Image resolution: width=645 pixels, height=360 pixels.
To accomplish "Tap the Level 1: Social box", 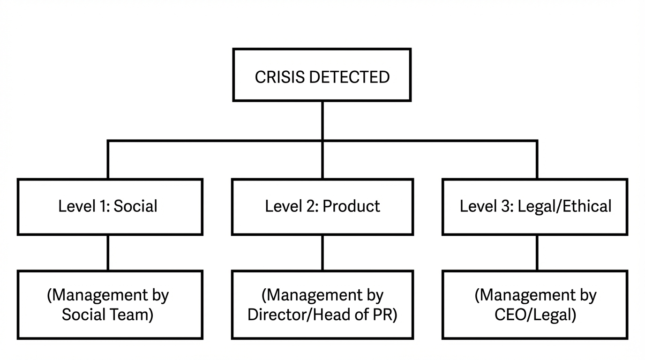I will (x=110, y=207).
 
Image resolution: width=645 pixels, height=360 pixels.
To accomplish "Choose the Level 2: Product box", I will (x=322, y=207).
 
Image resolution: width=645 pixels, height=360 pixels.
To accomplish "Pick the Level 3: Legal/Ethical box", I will (x=535, y=207).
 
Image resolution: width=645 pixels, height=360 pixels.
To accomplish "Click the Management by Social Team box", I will (x=110, y=305).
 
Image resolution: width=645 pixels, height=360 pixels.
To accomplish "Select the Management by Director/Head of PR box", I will (x=322, y=305).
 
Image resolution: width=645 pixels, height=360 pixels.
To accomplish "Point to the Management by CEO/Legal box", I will (x=535, y=305).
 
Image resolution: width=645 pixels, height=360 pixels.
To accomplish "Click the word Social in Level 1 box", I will (x=135, y=206).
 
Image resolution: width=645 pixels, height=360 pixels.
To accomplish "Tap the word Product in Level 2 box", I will (x=351, y=206).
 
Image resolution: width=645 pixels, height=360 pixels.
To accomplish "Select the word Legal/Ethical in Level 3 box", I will (x=564, y=206).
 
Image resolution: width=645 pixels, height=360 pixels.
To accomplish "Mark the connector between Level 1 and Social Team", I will (x=108, y=253).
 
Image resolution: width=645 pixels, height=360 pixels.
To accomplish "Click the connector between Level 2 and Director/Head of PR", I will (x=322, y=253).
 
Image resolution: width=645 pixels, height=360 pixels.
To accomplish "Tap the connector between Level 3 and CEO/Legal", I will (x=537, y=253).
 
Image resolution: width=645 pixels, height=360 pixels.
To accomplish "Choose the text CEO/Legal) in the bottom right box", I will (x=535, y=315).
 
